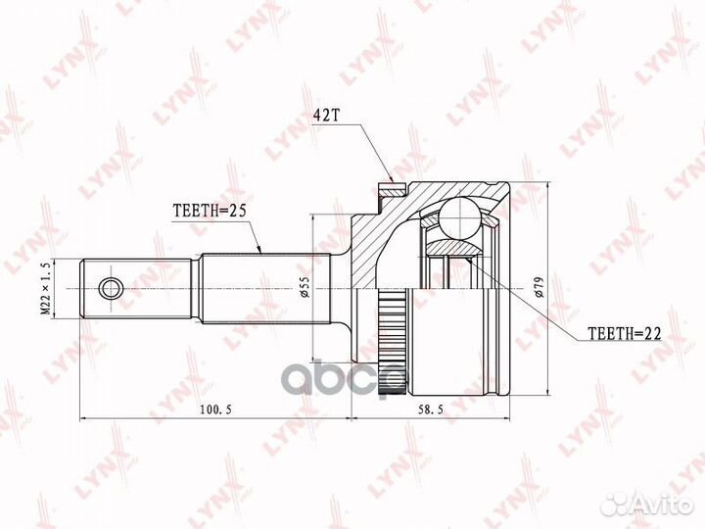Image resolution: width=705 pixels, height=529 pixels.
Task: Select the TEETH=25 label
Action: [210, 211]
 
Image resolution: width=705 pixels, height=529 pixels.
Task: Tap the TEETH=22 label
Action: [625, 333]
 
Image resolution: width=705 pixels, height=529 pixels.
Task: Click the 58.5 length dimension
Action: [431, 409]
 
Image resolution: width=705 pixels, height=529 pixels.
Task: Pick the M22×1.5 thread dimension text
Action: [45, 289]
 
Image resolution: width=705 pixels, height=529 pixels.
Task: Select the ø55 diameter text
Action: [305, 287]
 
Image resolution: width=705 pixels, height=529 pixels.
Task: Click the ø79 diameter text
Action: [540, 287]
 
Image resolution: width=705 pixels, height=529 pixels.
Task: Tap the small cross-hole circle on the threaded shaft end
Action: [110, 288]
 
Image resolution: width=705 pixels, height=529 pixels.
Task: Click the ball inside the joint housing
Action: [460, 218]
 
